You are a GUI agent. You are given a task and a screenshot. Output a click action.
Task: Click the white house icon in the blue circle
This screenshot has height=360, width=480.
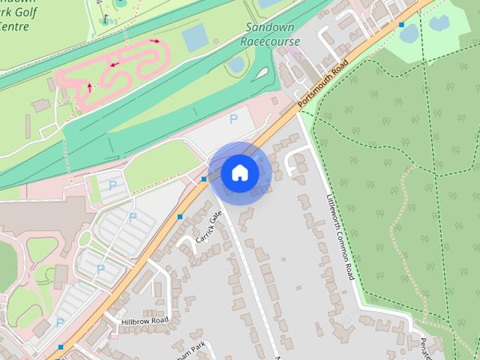[239, 173]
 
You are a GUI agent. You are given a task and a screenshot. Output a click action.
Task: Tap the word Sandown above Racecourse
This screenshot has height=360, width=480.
[271, 27]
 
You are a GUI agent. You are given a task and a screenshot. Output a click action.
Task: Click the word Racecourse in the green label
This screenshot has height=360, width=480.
[271, 41]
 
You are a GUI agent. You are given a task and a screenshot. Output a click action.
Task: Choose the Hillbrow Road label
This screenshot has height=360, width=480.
[145, 320]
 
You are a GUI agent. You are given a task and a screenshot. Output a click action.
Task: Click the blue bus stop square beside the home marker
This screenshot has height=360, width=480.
[204, 179]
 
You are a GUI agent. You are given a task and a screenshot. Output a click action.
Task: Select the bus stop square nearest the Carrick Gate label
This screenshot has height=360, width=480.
[180, 217]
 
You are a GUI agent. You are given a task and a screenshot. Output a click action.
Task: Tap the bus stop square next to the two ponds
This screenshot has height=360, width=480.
[402, 25]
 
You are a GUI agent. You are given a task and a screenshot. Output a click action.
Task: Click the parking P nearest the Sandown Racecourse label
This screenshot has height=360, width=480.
[233, 118]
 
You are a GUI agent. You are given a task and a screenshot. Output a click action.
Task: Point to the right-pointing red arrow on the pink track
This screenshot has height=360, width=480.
[155, 41]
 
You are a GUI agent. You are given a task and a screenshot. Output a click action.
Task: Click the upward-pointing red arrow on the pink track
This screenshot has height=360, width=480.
[90, 88]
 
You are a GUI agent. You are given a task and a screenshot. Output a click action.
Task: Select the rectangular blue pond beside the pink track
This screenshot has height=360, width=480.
[195, 38]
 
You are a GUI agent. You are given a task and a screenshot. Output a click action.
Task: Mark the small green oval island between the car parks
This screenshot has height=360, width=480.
[84, 238]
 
